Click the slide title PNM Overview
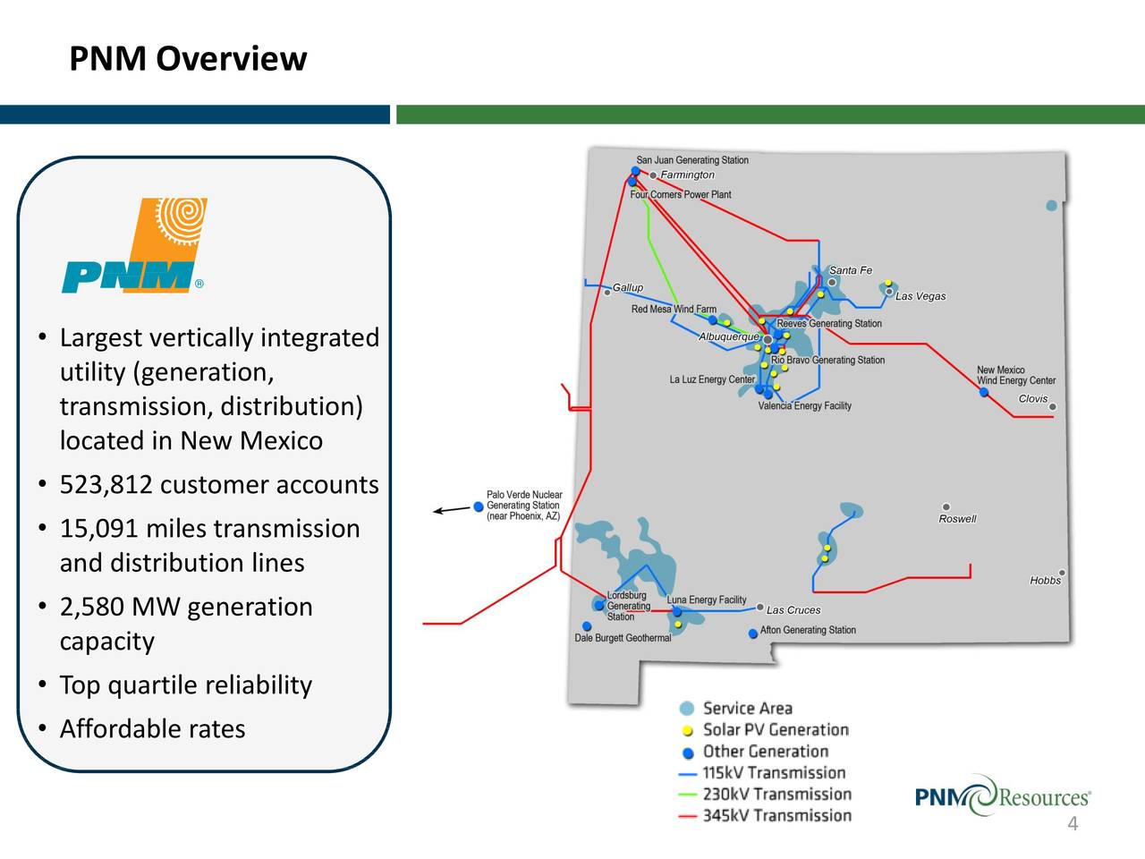[x=188, y=59]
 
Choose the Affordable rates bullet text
[x=152, y=729]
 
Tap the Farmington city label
[x=687, y=175]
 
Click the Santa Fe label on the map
[x=850, y=270]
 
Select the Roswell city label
[x=957, y=519]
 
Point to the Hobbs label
[x=1045, y=581]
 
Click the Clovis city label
[x=1033, y=399]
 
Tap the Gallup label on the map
[x=627, y=287]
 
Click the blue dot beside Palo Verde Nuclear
[x=479, y=506]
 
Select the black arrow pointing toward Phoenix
[x=452, y=511]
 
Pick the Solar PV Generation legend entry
[x=775, y=730]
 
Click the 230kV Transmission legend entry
[x=776, y=795]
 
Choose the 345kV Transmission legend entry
[x=776, y=816]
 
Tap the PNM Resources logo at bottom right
[x=1002, y=795]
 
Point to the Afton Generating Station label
[x=808, y=630]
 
